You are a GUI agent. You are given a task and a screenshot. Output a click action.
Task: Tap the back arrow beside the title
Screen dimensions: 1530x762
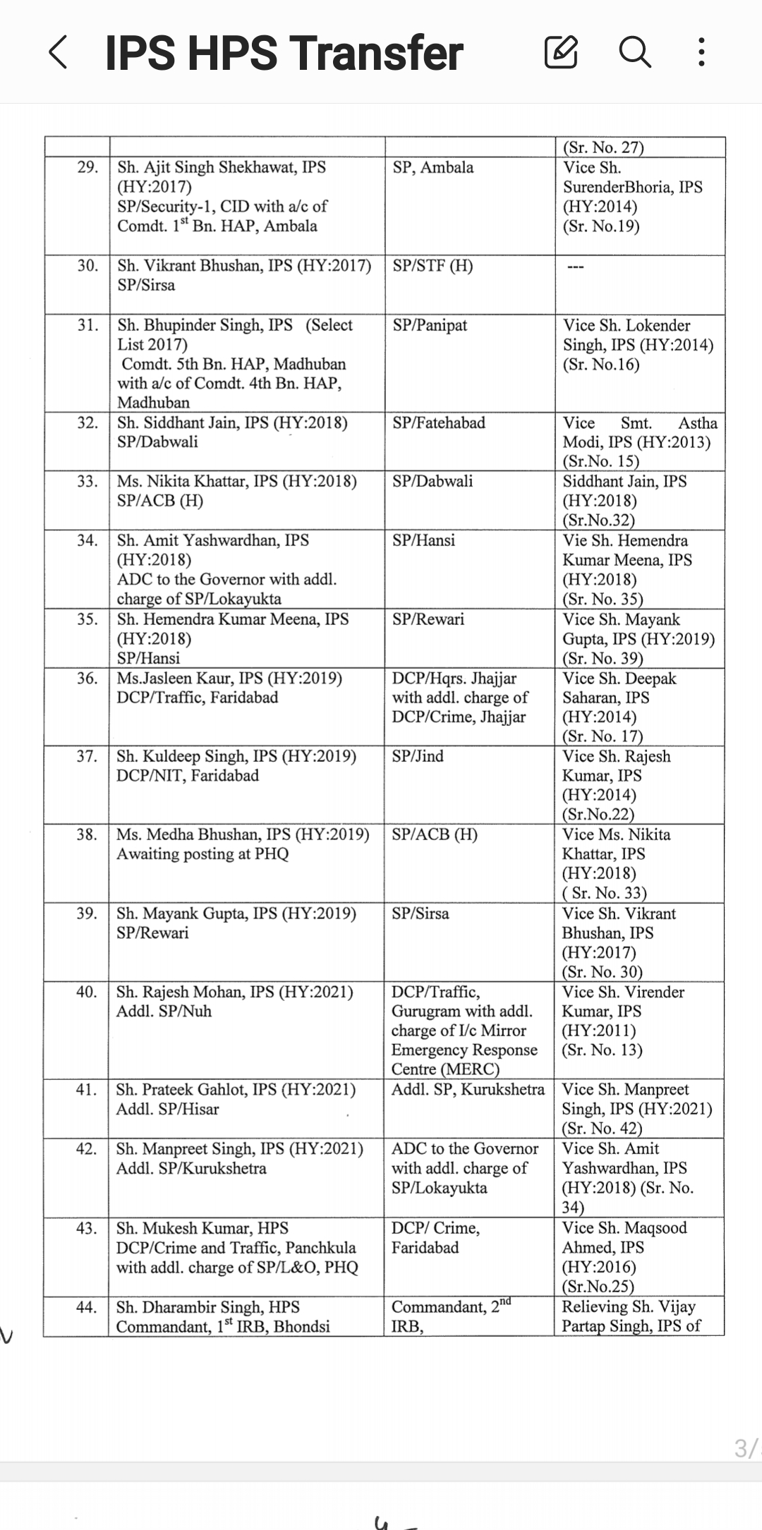click(x=59, y=53)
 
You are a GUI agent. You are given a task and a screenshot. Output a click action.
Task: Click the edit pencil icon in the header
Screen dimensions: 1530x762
click(x=561, y=52)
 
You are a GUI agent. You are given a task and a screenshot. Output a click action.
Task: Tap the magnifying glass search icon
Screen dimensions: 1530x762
click(x=634, y=52)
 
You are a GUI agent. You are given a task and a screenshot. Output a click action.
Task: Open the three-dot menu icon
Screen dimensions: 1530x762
click(x=701, y=52)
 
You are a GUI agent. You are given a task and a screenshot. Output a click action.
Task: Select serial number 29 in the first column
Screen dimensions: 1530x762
click(x=87, y=167)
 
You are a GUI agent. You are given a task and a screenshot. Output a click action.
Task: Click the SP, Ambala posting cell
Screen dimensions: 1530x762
click(x=433, y=168)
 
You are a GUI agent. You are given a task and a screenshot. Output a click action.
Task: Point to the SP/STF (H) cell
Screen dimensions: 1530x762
click(x=433, y=266)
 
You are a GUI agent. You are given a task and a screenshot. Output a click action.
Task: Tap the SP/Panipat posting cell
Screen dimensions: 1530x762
click(x=430, y=325)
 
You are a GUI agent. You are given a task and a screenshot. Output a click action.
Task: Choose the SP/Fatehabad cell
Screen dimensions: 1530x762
click(x=439, y=423)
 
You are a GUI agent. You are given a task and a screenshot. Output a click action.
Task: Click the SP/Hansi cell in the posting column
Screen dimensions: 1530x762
click(x=423, y=540)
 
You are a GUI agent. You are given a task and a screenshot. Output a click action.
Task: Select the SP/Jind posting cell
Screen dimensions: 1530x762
click(x=418, y=756)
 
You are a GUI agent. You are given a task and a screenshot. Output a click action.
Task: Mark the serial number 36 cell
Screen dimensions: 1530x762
click(x=87, y=679)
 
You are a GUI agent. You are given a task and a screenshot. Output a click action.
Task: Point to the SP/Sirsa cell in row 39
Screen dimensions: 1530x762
click(x=420, y=913)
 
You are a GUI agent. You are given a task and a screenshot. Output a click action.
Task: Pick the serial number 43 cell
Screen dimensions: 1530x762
click(x=86, y=1228)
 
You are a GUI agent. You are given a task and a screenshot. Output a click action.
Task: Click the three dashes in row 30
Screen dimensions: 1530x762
click(x=576, y=267)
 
